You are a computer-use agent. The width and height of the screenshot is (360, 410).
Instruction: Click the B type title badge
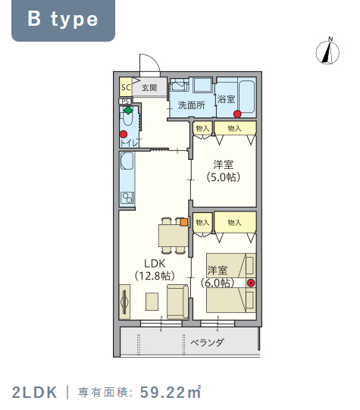(63, 20)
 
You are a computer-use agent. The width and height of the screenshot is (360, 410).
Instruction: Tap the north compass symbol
(327, 52)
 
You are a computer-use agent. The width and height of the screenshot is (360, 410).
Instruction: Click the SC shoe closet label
(126, 87)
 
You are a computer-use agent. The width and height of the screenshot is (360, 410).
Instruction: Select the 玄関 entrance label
(149, 88)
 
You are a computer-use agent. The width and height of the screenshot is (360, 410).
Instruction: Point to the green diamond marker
(128, 111)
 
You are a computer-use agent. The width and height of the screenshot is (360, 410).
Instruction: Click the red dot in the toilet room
(124, 134)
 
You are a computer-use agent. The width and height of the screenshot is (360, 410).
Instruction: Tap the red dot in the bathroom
(237, 114)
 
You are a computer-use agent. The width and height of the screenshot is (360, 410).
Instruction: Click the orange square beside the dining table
(184, 222)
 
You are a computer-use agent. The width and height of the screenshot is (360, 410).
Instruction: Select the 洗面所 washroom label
(192, 105)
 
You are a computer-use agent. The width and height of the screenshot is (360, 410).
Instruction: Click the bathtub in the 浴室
(247, 97)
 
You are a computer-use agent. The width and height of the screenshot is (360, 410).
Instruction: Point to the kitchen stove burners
(127, 199)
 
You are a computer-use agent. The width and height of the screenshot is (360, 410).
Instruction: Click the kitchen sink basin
(127, 161)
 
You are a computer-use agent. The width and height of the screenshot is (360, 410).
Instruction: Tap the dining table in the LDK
(174, 236)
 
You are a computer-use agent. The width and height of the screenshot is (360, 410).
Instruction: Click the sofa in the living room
(178, 302)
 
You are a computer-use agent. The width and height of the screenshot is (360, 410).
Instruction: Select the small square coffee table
(152, 302)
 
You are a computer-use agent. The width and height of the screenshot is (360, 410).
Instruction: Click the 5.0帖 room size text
(224, 177)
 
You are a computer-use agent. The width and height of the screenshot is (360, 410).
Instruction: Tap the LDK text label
(155, 264)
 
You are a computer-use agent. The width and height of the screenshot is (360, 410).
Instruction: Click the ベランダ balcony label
(207, 343)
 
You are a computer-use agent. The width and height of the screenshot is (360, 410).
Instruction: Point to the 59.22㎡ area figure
(171, 393)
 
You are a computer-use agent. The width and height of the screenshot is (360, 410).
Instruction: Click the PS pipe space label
(125, 102)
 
